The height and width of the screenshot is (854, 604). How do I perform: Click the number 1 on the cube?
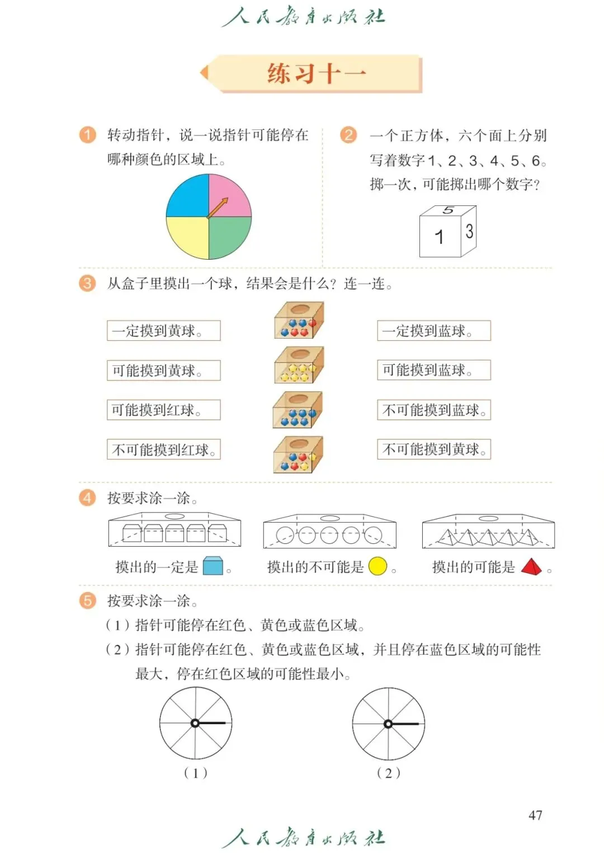click(x=440, y=237)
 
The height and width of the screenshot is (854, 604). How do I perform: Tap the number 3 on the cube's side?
click(x=469, y=231)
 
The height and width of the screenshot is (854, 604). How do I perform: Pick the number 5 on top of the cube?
click(x=448, y=210)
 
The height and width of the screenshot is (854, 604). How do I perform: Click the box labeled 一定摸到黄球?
click(x=163, y=331)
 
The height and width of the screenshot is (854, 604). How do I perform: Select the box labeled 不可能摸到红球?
click(x=163, y=449)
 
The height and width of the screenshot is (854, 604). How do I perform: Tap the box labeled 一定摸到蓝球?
click(x=433, y=331)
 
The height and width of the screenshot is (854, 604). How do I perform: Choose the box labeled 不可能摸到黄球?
click(x=433, y=449)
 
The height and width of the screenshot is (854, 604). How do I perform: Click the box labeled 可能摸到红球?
click(x=163, y=410)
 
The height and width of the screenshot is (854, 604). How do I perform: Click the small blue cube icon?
click(x=213, y=566)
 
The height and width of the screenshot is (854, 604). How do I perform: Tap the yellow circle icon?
click(x=378, y=566)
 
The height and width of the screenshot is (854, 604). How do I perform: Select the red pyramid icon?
click(x=531, y=567)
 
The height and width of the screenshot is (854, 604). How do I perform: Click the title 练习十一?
click(x=317, y=73)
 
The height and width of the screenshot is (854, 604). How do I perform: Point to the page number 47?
click(x=535, y=815)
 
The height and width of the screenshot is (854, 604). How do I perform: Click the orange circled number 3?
click(x=87, y=283)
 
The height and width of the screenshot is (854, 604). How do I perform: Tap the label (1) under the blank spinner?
click(x=196, y=773)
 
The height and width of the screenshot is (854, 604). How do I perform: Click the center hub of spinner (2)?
click(x=388, y=724)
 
